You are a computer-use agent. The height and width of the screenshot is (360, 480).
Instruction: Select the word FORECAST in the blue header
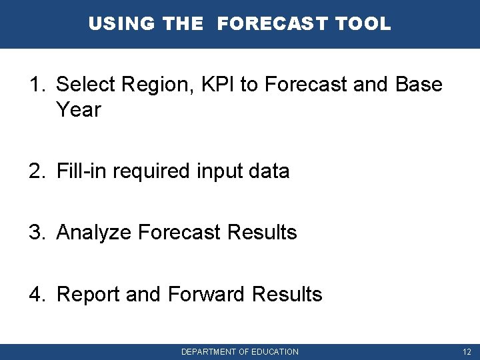coord(273,24)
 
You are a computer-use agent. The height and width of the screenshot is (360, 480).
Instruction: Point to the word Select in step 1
coord(83,85)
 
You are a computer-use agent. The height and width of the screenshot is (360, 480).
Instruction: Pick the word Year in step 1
coord(79,110)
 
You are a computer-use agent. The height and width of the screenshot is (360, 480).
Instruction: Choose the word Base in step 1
coord(418,85)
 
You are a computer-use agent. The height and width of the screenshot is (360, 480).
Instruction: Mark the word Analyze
coord(94,233)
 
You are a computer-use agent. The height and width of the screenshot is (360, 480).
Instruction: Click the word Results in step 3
coord(262,233)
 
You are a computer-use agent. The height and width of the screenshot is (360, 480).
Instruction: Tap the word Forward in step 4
coord(207,294)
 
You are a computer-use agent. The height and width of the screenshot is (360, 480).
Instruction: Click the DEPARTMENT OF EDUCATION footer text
coord(240,352)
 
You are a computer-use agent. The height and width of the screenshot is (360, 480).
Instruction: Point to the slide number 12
coord(467,352)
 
